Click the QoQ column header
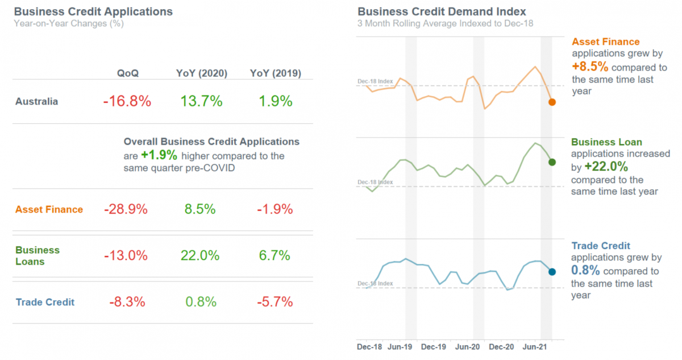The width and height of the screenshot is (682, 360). pos(128,73)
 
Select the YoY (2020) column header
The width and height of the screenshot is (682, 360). pos(202,73)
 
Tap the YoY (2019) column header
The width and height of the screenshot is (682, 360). pos(276,73)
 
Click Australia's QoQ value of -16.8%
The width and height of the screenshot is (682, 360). pos(127,102)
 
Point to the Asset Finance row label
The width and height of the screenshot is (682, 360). pos(49,209)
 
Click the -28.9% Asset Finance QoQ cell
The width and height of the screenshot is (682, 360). pos(126,209)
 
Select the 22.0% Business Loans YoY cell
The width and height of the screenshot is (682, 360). pos(200,255)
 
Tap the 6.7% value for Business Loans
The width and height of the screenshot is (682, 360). pos(275,255)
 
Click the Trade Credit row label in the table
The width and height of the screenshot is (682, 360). pos(45,302)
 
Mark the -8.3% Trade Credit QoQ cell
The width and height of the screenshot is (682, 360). pos(126,301)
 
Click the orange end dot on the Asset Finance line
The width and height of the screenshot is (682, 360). pos(552,102)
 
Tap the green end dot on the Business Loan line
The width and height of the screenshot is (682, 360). pos(551,163)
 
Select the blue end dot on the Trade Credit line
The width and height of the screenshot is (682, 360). pos(551,272)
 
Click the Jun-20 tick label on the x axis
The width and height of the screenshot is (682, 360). pos(469,346)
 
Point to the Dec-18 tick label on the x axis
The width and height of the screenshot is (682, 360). pos(369,346)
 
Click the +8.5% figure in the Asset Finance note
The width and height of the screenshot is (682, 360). pos(589,66)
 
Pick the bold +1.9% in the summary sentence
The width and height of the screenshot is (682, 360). pos(159,155)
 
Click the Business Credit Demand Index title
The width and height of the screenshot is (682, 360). pos(442,11)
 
